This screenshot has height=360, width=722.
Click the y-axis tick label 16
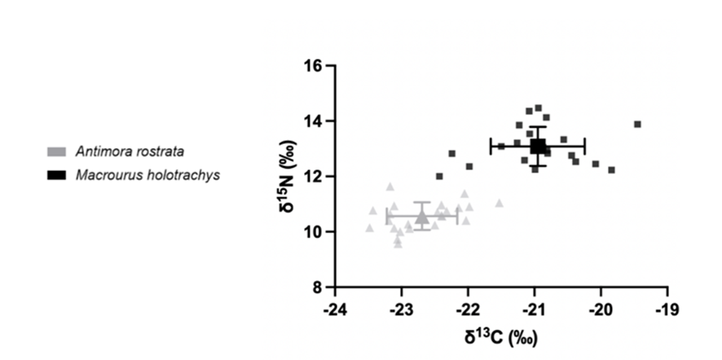click(314, 66)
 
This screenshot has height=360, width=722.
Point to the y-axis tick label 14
click(314, 121)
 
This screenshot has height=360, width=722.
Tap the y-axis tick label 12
click(314, 177)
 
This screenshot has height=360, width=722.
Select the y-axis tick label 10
click(314, 232)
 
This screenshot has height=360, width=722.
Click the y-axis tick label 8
click(318, 288)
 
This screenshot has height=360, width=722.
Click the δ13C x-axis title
click(501, 335)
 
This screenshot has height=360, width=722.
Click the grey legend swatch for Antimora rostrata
click(57, 151)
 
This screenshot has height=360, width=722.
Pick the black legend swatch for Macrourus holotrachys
click(57, 174)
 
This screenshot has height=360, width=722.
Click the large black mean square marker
click(538, 147)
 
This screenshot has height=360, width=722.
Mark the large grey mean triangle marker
click(421, 217)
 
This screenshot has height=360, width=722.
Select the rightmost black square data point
click(637, 125)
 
